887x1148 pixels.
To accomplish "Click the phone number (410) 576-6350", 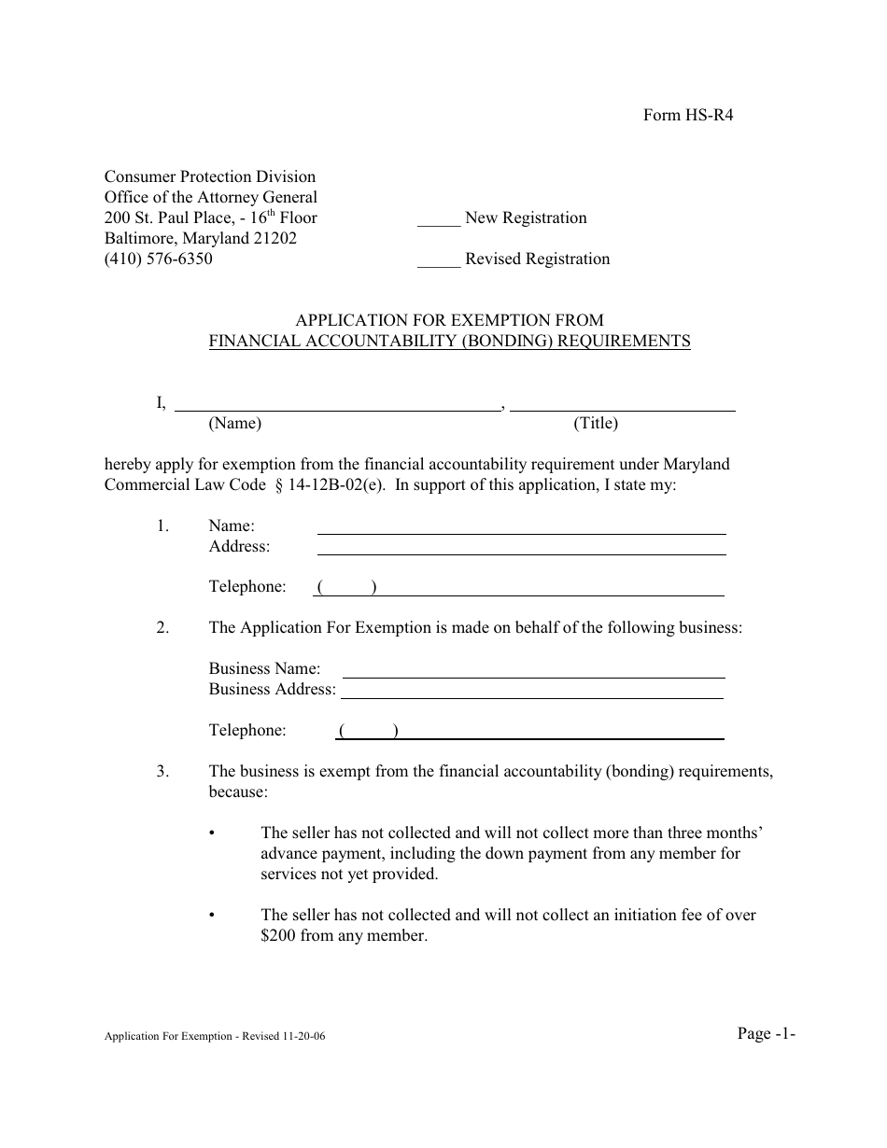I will pyautogui.click(x=158, y=259).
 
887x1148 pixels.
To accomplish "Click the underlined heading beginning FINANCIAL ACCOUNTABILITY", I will pyautogui.click(x=449, y=341).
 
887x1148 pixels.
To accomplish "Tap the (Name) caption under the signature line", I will pyautogui.click(x=234, y=423).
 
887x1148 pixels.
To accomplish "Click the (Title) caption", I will pyautogui.click(x=596, y=423).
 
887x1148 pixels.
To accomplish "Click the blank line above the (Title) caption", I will pyautogui.click(x=623, y=409).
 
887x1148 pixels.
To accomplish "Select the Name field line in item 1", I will pyautogui.click(x=521, y=532).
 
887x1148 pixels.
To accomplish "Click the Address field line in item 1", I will pyautogui.click(x=521, y=553).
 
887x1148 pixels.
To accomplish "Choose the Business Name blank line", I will pyautogui.click(x=534, y=676).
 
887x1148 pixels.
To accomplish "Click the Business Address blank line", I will pyautogui.click(x=531, y=696).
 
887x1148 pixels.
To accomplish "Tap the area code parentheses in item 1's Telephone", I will pyautogui.click(x=346, y=587).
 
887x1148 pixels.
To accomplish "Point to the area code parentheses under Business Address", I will pyautogui.click(x=369, y=731).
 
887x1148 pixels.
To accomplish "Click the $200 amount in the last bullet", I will pyautogui.click(x=279, y=935).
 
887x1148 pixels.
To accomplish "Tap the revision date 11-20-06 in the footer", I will pyautogui.click(x=300, y=1037).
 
